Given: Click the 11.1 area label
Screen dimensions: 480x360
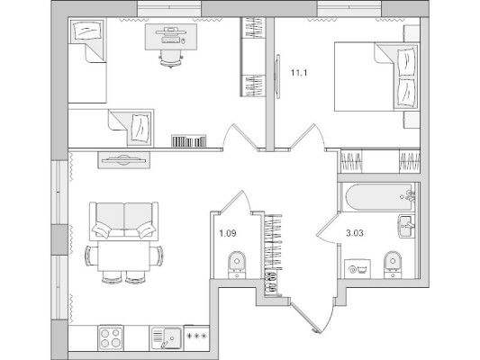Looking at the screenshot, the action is tap(299, 73).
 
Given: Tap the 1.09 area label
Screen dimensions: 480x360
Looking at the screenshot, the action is tap(228, 233).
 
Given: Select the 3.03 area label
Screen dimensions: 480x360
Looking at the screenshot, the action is tap(355, 233).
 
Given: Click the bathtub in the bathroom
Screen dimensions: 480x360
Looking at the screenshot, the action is tap(378, 197).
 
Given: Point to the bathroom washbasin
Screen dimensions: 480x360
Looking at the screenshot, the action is tap(406, 226).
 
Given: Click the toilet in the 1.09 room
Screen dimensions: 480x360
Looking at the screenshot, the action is tap(237, 265).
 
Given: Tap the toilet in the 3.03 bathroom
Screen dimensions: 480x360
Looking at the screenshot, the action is tap(393, 265).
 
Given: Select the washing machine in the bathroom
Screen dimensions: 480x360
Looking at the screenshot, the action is tap(358, 269).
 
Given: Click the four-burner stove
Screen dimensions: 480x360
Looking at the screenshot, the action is tap(111, 337).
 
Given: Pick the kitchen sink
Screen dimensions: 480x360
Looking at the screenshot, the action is tap(167, 338).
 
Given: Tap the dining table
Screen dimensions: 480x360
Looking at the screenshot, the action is tap(123, 256).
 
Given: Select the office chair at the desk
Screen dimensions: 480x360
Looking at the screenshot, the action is tap(171, 58).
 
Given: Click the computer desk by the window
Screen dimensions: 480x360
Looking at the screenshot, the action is tap(171, 37).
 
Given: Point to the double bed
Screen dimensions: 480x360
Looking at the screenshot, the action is tap(376, 76).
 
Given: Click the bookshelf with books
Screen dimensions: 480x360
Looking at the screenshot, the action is tap(188, 141).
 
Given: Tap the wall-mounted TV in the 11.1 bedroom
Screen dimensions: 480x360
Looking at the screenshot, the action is tap(277, 76).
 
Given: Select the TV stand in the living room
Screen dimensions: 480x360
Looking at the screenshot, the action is tap(123, 160).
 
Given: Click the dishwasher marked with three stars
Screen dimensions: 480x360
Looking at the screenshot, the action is tap(197, 337).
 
